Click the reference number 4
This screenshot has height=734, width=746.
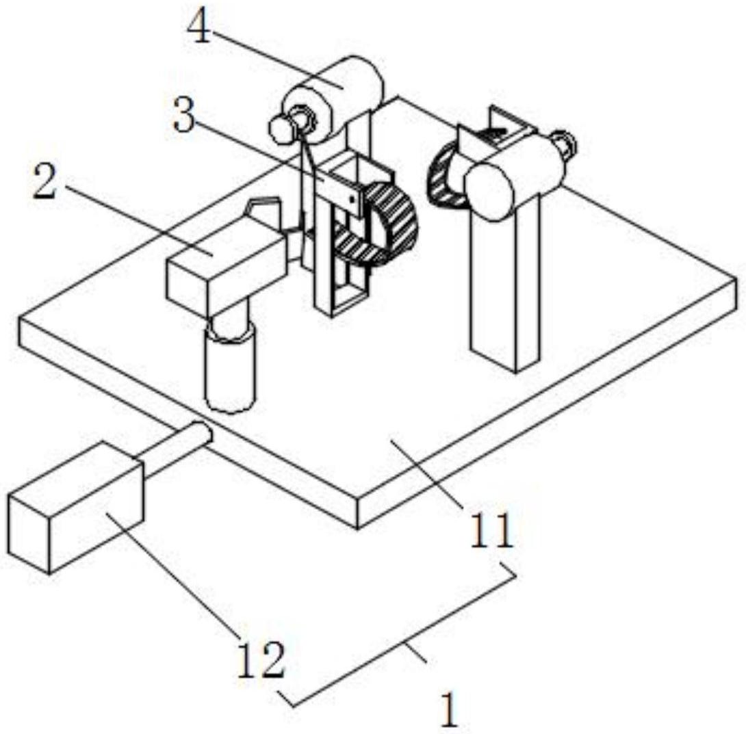tap(201, 29)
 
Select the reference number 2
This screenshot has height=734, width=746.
tap(44, 185)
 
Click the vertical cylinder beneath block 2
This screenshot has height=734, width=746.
tap(230, 369)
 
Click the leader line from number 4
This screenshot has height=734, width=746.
tap(274, 58)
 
